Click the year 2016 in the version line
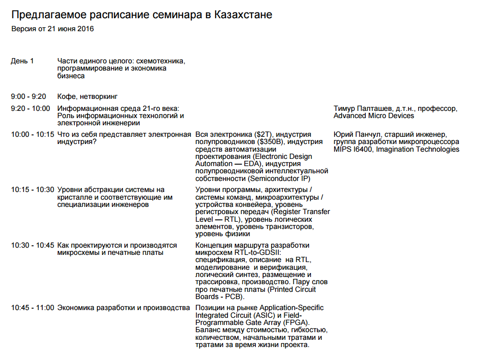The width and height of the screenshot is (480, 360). (x=85, y=29)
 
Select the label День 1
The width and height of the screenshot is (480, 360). (x=22, y=61)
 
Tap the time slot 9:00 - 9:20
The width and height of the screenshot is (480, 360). (x=29, y=96)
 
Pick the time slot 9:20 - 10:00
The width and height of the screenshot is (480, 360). (x=30, y=108)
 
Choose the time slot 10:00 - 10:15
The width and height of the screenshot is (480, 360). (x=32, y=134)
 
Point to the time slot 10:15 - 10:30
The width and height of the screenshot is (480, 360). (x=32, y=190)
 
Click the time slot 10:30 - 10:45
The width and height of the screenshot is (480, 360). (x=32, y=245)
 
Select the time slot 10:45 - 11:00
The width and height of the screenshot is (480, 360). (x=32, y=308)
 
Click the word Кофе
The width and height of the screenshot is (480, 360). (x=66, y=96)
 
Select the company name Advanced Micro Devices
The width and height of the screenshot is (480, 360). (x=373, y=116)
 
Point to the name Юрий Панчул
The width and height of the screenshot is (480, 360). (x=356, y=134)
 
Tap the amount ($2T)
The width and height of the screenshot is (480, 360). (x=264, y=134)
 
